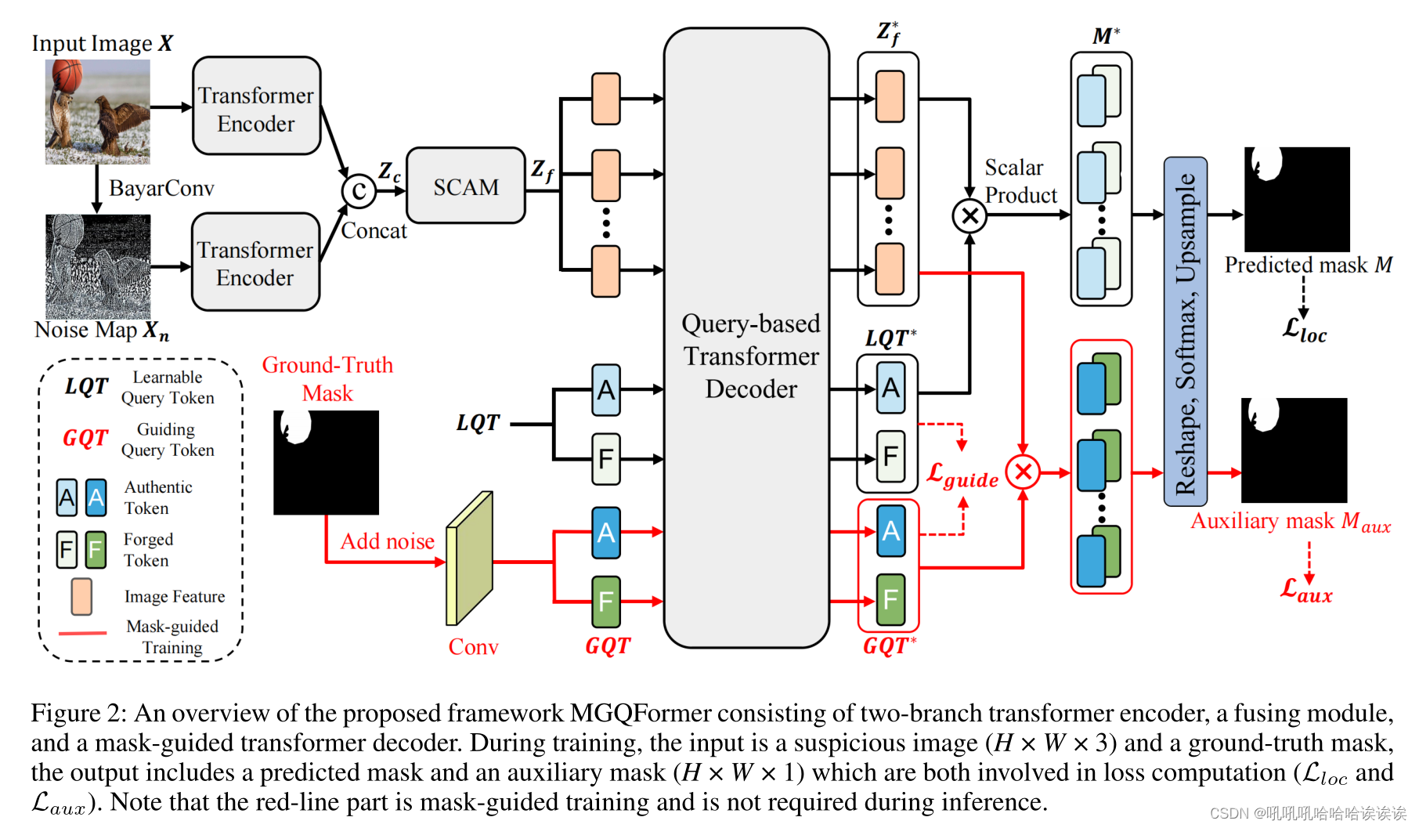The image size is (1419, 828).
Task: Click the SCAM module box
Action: (x=466, y=186)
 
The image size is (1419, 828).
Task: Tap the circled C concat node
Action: (x=359, y=190)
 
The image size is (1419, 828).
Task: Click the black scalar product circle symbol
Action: (x=969, y=215)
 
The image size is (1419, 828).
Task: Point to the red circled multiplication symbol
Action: (x=1023, y=472)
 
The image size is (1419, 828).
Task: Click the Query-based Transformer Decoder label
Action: (x=750, y=356)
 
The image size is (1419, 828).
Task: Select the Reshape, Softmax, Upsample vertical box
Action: (x=1185, y=332)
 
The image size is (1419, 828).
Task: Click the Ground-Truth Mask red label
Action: (x=327, y=378)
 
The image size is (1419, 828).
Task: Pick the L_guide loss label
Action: (x=962, y=475)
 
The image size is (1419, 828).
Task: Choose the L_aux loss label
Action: (x=1305, y=590)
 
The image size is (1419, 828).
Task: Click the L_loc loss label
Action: (x=1304, y=330)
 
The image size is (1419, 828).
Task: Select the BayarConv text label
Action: (x=161, y=189)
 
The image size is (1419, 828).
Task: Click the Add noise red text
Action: (x=387, y=541)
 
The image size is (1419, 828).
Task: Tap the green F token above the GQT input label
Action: (x=605, y=601)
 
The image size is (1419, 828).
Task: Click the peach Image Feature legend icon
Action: (x=81, y=596)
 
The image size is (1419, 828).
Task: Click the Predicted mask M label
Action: (x=1308, y=266)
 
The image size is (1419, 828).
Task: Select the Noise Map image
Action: (x=98, y=266)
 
